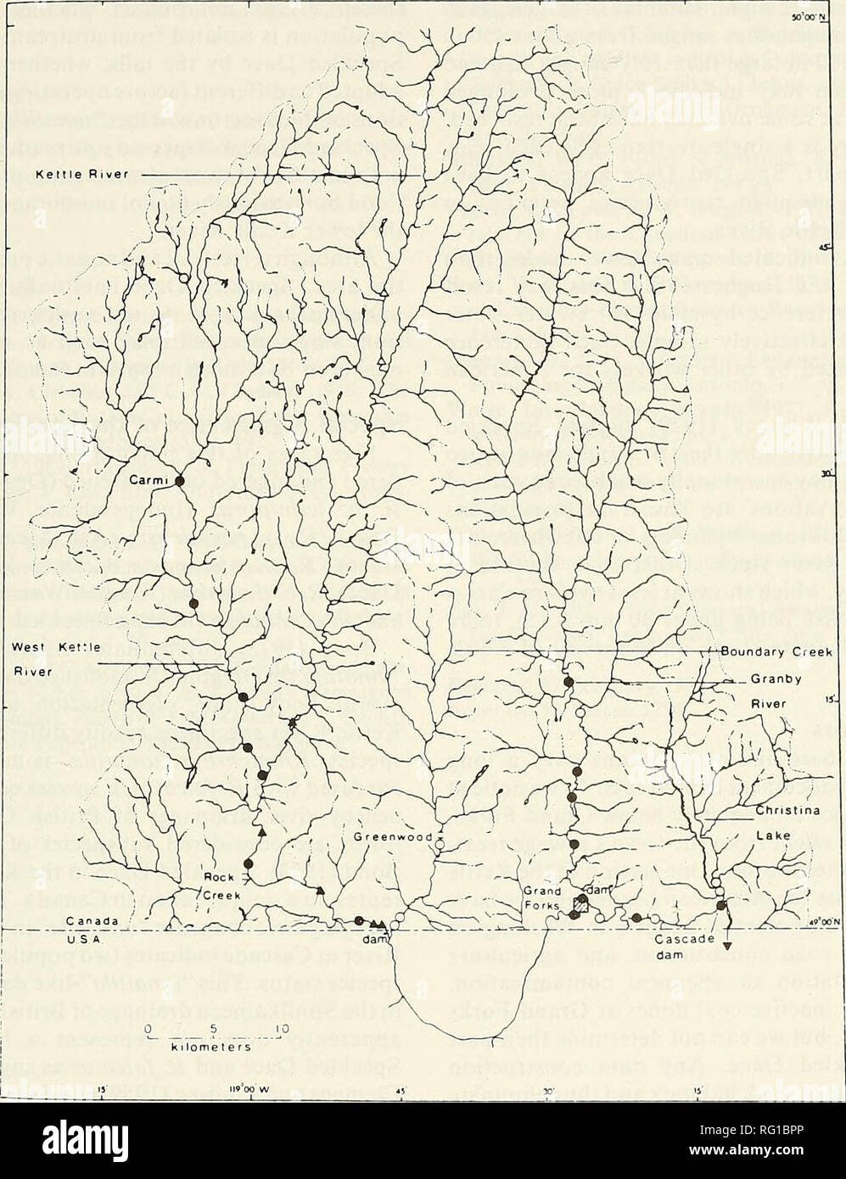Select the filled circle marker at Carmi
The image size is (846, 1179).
tap(179, 481)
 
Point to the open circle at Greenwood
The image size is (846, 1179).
tap(440, 841)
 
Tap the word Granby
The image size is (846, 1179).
tap(772, 680)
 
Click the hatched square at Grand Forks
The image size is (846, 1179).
tap(580, 906)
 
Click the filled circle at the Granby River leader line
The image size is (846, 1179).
tap(569, 681)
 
